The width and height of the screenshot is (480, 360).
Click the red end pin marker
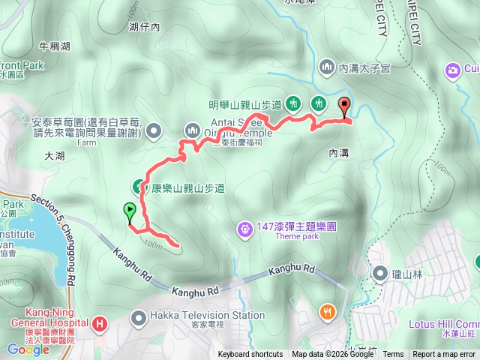345,106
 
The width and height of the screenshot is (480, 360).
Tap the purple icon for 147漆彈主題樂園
244,227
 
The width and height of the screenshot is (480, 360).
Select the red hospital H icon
100,325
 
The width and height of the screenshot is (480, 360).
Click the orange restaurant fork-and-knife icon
327,312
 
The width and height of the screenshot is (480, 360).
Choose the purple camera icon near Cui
452,70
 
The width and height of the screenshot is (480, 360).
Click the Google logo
28,349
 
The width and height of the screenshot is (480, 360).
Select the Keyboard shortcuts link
250,355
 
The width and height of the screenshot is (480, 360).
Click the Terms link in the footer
393,355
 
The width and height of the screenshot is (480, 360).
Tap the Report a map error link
445,355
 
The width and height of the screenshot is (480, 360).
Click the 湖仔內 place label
145,28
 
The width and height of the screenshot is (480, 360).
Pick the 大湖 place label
55,157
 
